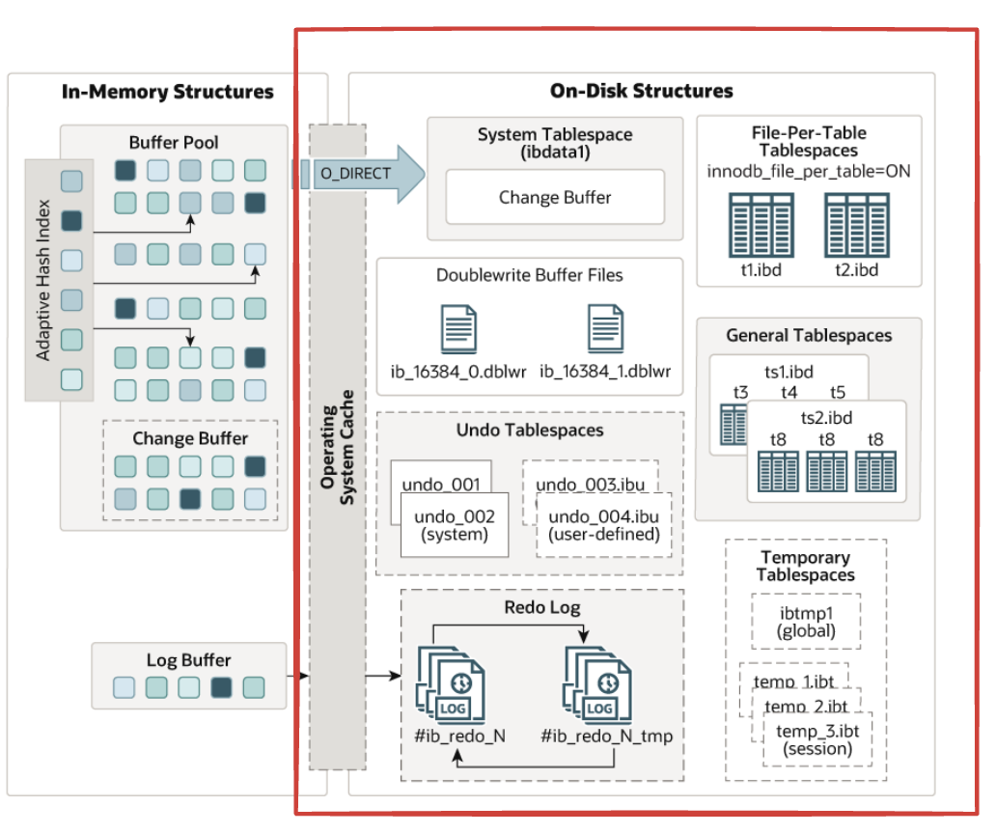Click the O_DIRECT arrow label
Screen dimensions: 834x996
[356, 174]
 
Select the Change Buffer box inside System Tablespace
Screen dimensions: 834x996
[555, 197]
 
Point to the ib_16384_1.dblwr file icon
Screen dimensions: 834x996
[605, 328]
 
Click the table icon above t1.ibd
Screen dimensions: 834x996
[754, 223]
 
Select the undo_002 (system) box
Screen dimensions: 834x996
[455, 525]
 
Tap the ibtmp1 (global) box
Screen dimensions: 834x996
[806, 622]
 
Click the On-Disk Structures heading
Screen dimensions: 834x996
[641, 92]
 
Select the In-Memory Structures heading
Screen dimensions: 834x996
[168, 93]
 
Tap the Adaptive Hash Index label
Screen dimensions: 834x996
[42, 280]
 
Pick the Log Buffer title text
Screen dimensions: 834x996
[189, 661]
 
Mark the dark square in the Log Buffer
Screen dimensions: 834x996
[222, 688]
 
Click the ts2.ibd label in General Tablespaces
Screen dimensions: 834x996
[825, 419]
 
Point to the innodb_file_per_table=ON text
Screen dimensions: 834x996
[810, 172]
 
